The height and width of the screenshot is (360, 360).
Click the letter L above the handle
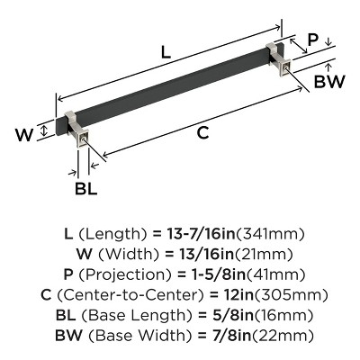(x=166, y=53)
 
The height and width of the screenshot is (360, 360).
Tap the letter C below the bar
(x=202, y=133)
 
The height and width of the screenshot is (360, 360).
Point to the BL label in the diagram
(x=83, y=190)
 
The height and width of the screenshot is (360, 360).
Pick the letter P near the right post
(x=312, y=40)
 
